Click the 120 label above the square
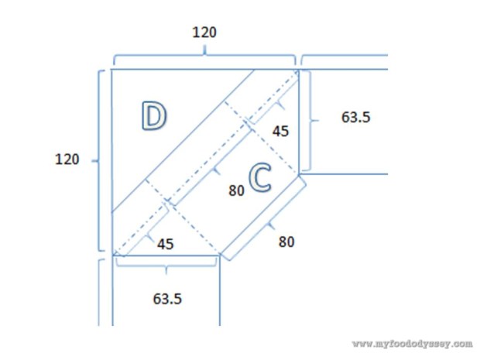pos(204,33)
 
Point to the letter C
pos(260,179)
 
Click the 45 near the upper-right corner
pos(281,132)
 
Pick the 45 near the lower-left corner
pos(165,244)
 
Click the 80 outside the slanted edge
pos(286,241)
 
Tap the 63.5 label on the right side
pos(356,118)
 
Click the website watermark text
pos(412,342)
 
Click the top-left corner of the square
pos(112,69)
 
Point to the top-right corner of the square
pos(298,69)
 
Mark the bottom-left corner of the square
pos(112,254)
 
